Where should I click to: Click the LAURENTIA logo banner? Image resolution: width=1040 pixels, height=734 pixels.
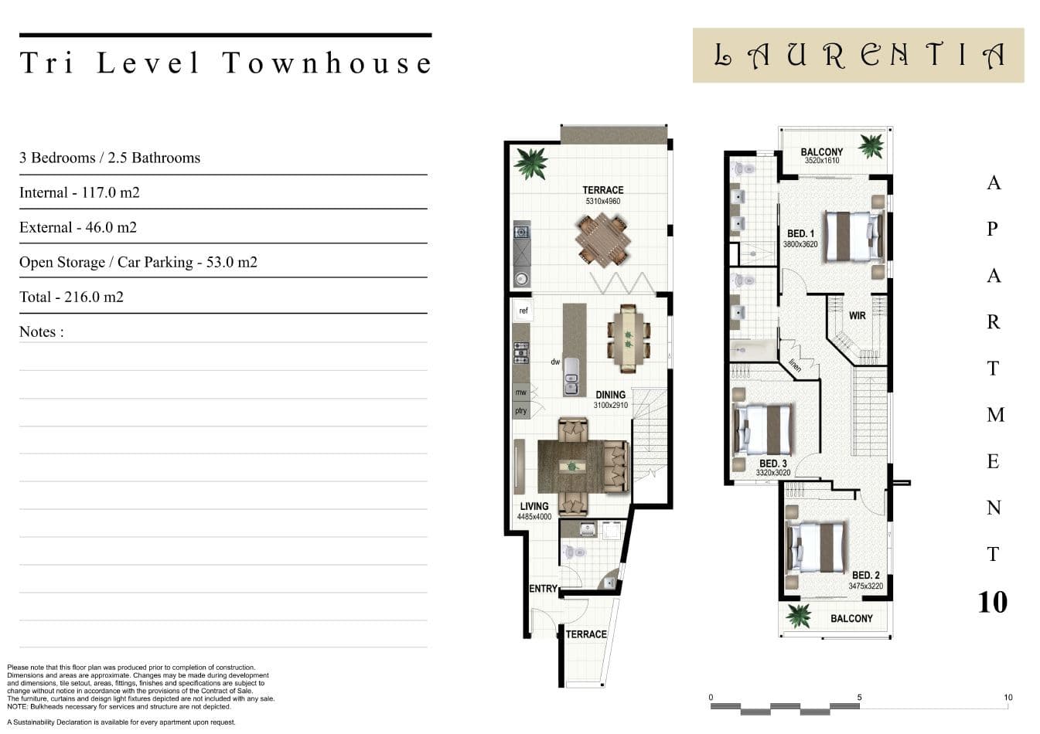point(858,55)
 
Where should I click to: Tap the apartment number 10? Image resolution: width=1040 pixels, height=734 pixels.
point(993,602)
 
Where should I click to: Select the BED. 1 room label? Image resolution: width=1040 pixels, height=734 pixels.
point(800,233)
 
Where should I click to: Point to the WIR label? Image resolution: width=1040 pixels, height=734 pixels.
point(857,316)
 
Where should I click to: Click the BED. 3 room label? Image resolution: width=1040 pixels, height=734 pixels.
point(773,464)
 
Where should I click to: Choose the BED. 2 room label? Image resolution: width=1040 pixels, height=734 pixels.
point(866,576)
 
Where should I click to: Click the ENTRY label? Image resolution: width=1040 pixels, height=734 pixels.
point(544,589)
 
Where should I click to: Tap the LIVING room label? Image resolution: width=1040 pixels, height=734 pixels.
point(534,506)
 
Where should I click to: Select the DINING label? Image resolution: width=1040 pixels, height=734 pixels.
point(611,395)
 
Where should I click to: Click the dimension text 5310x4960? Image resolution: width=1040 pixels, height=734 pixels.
point(602,202)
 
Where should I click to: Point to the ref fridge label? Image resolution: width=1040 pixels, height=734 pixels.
point(523,311)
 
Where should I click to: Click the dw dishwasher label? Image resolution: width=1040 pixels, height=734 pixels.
point(555,362)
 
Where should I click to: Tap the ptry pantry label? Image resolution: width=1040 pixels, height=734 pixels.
point(520,410)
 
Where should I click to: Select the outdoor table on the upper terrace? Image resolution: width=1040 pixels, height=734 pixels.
point(602,240)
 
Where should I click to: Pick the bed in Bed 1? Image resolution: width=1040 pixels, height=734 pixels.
point(854,236)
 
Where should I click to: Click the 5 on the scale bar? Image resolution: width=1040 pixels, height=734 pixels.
point(859,698)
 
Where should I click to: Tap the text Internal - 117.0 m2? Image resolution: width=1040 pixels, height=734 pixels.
point(80,192)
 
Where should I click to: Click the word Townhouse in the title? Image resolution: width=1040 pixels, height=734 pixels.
point(327,63)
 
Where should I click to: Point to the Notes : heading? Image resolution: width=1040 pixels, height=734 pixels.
point(41,331)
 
